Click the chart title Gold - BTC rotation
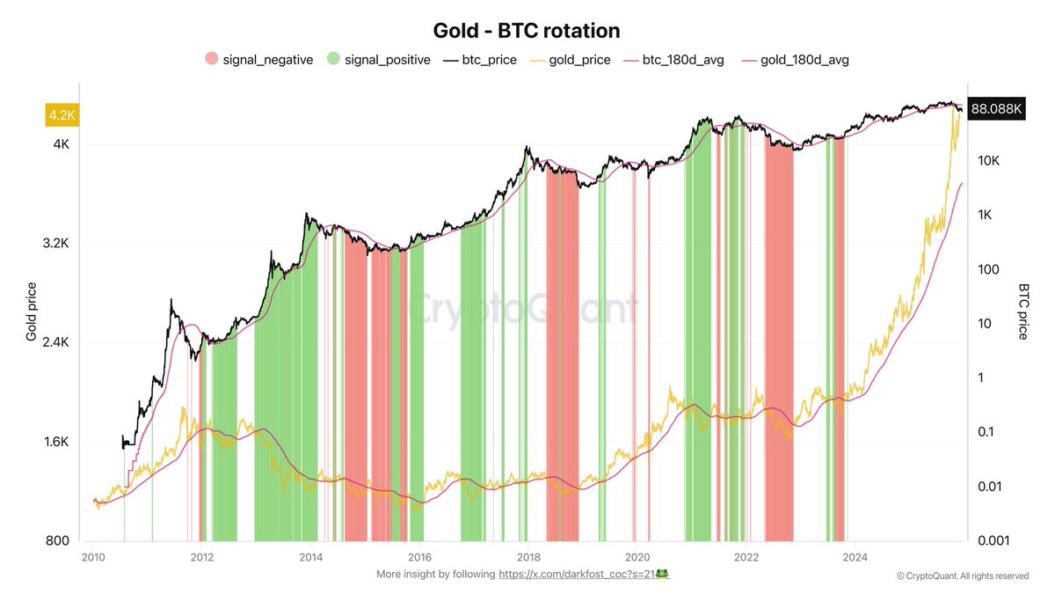527,30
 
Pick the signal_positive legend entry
380,60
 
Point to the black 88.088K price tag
995,108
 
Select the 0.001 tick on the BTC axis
991,540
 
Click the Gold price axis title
32,312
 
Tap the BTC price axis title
1023,312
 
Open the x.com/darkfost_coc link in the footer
576,574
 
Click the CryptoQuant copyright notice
963,576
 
